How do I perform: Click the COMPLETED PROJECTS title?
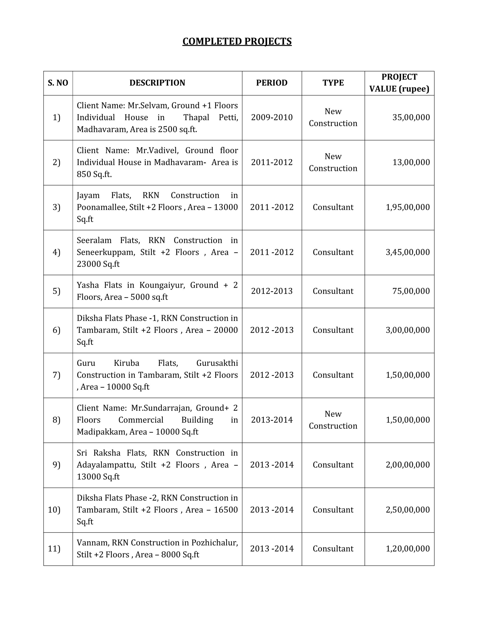point(237,41)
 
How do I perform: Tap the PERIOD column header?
point(272,83)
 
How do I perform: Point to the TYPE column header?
point(333,83)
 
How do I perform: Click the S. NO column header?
point(58,83)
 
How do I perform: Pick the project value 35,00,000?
point(411,117)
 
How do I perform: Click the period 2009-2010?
point(272,117)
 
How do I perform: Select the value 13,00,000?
point(411,162)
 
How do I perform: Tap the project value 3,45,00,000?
point(408,252)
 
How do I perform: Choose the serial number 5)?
point(56,291)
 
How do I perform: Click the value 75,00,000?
point(411,291)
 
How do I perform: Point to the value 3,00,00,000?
point(408,330)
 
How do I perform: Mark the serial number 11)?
point(54,549)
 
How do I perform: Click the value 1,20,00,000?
point(408,549)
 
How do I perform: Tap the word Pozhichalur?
point(214,543)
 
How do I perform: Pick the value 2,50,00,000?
point(408,510)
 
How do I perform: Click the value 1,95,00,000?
point(408,207)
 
